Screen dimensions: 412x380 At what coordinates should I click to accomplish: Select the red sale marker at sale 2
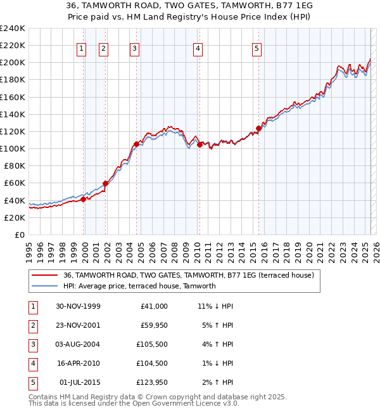pyautogui.click(x=105, y=184)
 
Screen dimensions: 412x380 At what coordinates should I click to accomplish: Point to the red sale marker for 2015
pyautogui.click(x=258, y=129)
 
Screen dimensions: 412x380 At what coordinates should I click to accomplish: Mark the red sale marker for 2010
pyautogui.click(x=200, y=145)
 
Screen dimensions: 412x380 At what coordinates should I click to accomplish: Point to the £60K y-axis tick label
pyautogui.click(x=15, y=183)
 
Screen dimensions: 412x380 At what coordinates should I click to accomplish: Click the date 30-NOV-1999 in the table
pyautogui.click(x=78, y=306)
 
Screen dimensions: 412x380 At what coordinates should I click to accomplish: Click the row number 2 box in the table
pyautogui.click(x=32, y=325)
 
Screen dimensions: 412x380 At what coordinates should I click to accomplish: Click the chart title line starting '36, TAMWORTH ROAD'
pyautogui.click(x=190, y=5)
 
